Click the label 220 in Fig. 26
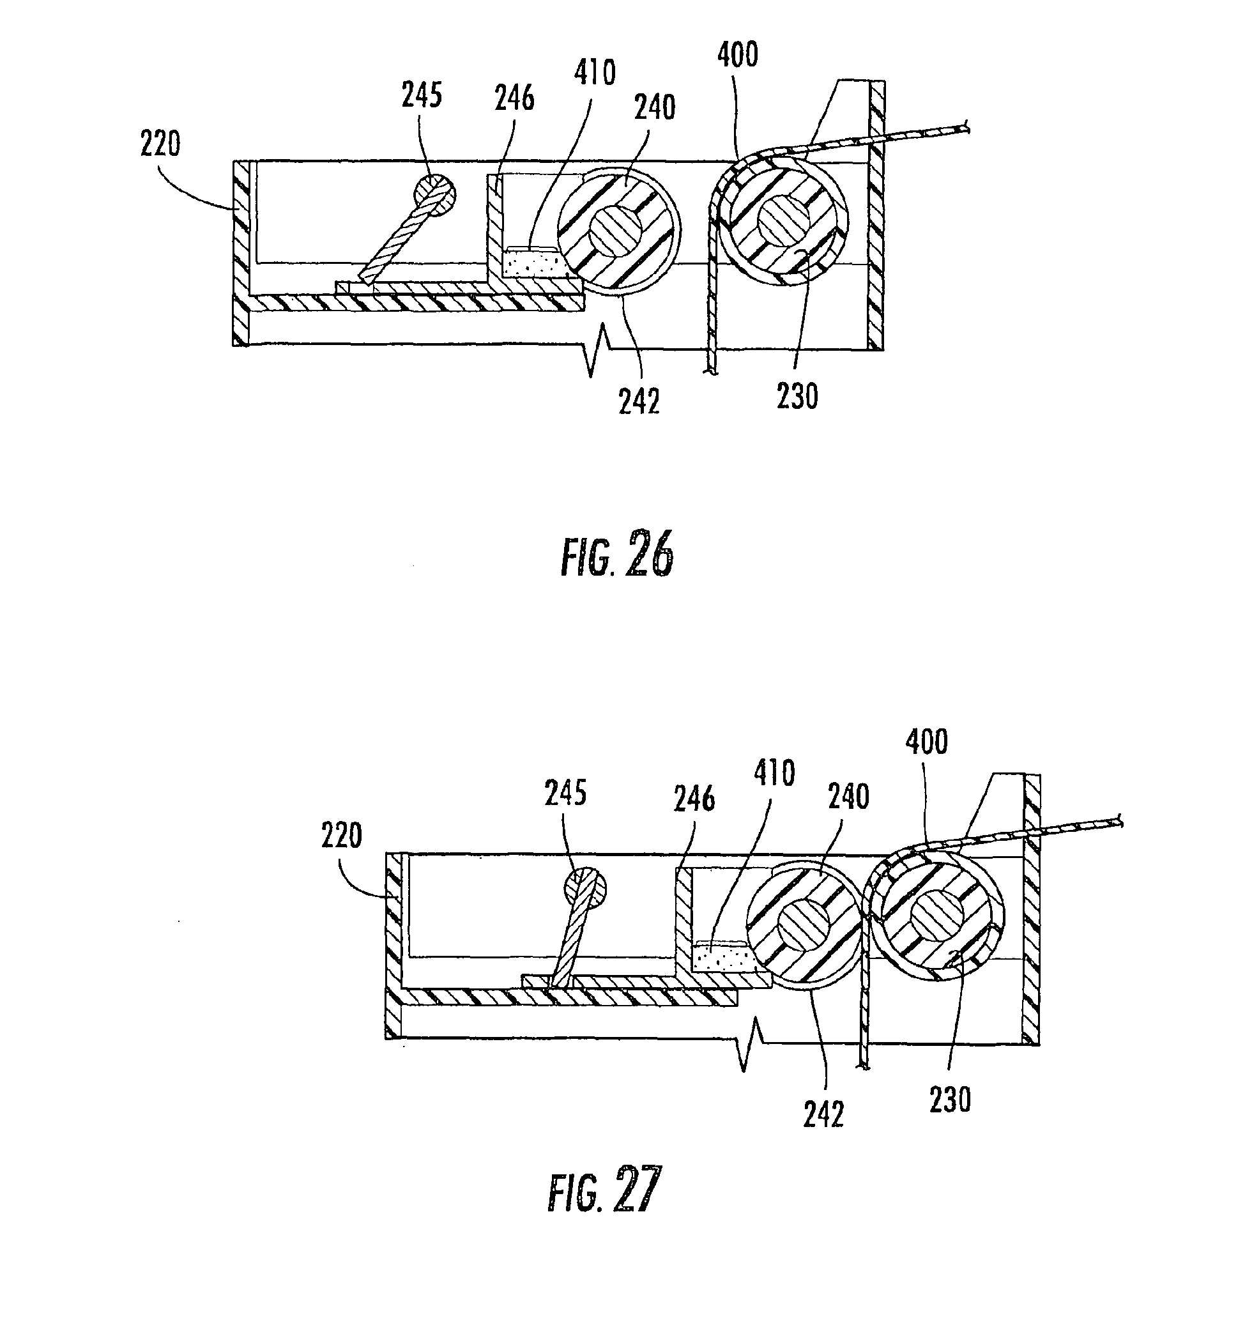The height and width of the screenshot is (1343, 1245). coord(160,144)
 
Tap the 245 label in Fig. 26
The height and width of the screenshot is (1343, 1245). coord(422,95)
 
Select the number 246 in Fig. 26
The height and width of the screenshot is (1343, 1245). coord(515,98)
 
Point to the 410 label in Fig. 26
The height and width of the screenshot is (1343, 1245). coord(595,73)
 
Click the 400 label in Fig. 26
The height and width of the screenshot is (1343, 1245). coord(738,54)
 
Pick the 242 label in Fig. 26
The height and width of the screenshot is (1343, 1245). coord(639,402)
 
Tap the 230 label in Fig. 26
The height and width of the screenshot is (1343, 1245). coord(798,396)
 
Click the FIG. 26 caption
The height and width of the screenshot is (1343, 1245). coord(617,555)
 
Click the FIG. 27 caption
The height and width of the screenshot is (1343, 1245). coord(604,1191)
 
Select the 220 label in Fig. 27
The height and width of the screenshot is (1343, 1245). coord(342,836)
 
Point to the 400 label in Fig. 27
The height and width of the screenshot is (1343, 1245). coord(926,741)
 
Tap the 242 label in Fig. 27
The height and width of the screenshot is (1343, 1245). coord(824,1116)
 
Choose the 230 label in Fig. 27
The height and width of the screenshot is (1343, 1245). coord(951,1100)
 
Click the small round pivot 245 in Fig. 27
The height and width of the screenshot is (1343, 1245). coord(585,889)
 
